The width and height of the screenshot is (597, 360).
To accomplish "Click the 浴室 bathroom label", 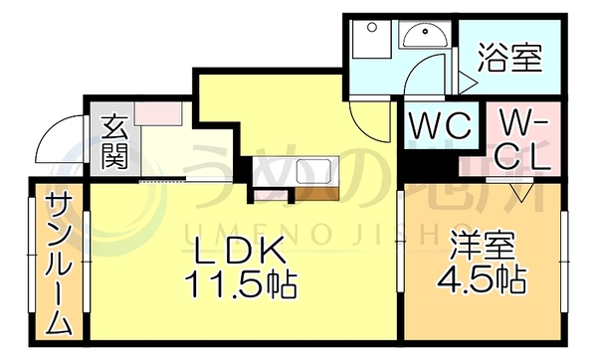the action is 509,57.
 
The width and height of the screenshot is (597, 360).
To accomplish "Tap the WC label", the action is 440,125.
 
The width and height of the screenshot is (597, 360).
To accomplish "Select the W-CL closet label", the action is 523,139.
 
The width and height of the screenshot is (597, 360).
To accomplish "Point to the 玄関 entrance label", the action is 114,142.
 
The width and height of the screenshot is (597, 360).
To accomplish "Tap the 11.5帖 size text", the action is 241,284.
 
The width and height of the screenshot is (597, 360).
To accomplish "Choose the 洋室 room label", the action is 483,245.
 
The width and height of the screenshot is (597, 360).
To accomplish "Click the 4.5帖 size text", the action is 482,279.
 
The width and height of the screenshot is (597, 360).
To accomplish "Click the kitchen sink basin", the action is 313,172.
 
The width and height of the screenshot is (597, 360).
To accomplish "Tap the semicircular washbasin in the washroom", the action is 425,34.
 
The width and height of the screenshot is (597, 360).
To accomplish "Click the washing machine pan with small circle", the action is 371,39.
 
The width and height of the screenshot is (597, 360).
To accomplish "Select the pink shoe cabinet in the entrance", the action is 158,113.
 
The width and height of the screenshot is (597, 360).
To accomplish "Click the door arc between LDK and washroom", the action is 367,123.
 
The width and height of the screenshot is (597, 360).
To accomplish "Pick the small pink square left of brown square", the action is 271,194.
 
